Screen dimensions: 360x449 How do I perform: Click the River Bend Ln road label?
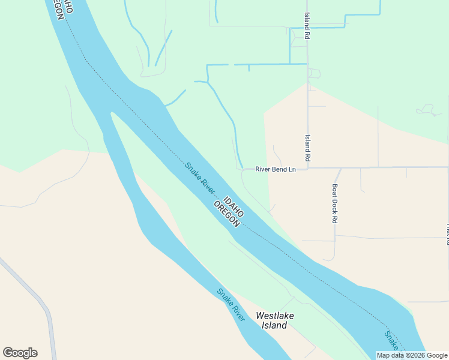tap(276, 169)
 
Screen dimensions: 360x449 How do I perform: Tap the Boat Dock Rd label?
tap(334, 203)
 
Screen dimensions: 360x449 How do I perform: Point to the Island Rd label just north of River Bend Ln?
tap(307, 148)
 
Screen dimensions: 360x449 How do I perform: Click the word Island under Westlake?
tap(274, 325)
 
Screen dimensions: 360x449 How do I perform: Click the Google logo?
tap(20, 353)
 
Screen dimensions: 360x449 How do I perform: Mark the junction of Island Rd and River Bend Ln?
tap(308, 168)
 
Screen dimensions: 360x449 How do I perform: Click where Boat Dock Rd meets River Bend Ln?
tap(340, 168)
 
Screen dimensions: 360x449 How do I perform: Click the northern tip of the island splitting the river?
tap(111, 112)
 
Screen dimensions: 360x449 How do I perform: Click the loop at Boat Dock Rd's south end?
tap(330, 259)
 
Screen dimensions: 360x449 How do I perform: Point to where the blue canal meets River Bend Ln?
tap(242, 168)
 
